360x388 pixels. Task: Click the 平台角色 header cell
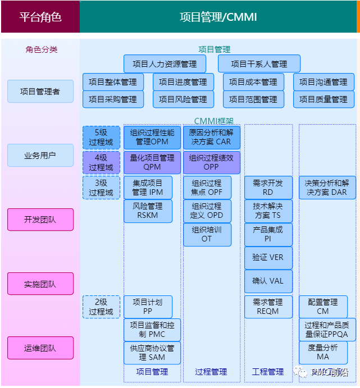(40, 17)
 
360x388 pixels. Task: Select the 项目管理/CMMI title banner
(218, 17)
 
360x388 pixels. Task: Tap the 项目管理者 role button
(40, 91)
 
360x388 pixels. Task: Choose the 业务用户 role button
(40, 155)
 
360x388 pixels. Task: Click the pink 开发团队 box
(40, 220)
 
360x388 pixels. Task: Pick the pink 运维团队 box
(40, 348)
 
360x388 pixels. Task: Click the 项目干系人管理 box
(259, 64)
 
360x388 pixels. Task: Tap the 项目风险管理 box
(183, 99)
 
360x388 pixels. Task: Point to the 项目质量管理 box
(323, 99)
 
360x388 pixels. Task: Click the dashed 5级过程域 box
(101, 138)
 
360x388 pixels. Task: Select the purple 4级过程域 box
(101, 162)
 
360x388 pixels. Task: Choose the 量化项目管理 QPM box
(152, 162)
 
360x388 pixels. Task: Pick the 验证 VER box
(268, 258)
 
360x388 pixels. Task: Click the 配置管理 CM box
(323, 307)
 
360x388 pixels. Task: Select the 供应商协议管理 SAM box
(152, 353)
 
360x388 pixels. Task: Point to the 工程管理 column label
(268, 372)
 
